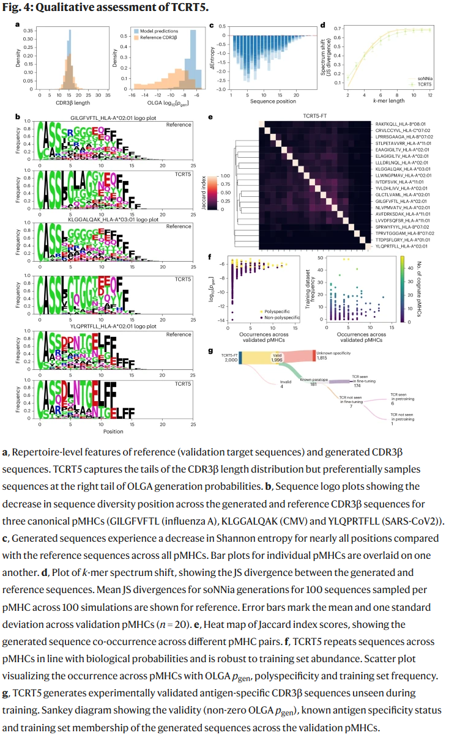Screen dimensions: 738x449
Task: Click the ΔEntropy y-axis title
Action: click(212, 59)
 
